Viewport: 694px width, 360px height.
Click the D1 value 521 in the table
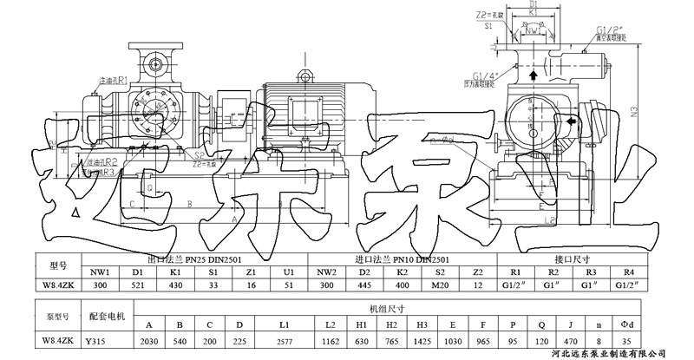[x=137, y=283]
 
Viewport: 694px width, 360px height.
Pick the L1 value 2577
[x=285, y=341]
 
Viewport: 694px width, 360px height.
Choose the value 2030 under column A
[x=150, y=341]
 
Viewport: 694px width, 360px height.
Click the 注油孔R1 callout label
[x=114, y=80]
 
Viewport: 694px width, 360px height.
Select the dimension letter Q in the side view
[x=148, y=187]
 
